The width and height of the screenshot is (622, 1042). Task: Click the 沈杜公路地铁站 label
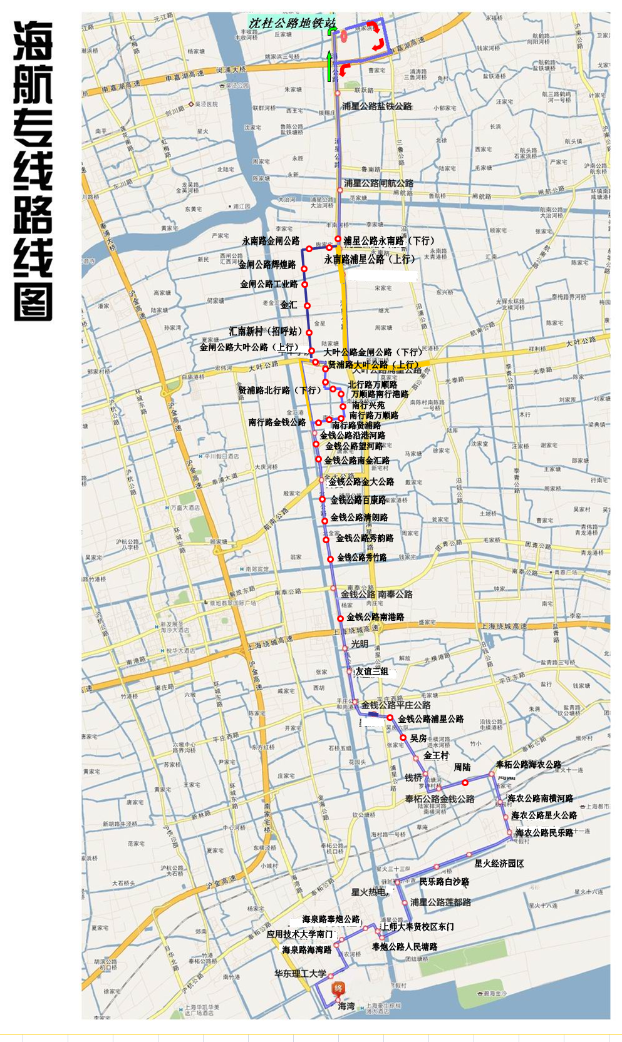291,23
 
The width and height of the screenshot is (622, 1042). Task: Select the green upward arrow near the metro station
329,67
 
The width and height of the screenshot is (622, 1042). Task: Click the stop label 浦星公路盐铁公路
377,106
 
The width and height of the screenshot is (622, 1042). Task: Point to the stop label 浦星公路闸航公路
378,183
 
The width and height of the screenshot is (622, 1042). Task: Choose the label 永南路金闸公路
271,241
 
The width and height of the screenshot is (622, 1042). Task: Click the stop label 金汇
289,305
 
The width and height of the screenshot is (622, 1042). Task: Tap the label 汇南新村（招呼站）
266,331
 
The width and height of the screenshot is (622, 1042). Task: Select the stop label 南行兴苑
368,405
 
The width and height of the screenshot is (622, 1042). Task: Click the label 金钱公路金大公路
361,482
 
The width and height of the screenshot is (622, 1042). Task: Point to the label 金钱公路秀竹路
361,557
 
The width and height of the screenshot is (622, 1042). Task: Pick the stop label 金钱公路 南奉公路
376,594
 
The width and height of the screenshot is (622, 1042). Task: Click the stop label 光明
360,644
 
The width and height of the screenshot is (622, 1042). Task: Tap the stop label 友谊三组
372,672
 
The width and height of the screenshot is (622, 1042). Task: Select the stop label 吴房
418,738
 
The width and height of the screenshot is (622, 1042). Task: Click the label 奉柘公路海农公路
528,765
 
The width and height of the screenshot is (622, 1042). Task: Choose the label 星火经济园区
499,864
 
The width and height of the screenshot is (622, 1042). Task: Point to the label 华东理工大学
300,974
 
